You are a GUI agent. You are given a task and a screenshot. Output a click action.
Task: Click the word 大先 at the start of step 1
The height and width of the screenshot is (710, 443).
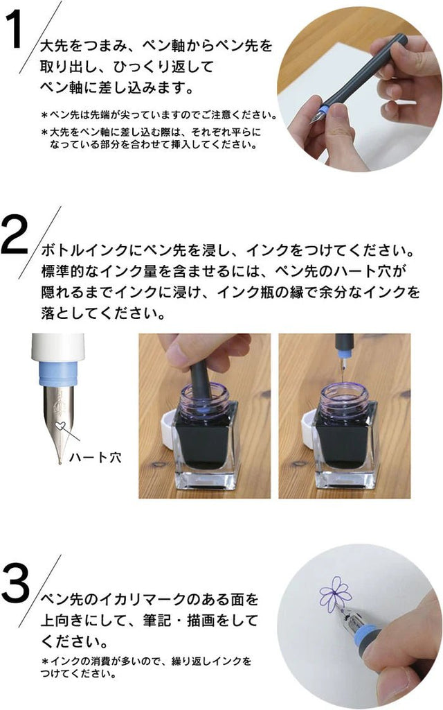[50, 46]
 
